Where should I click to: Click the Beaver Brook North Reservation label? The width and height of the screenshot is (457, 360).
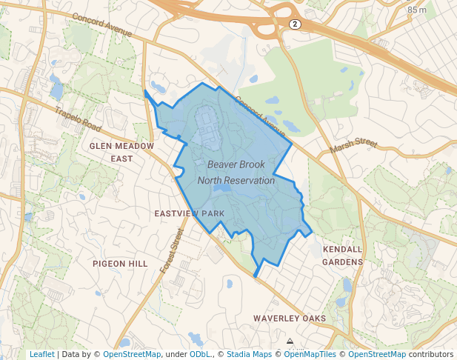[236, 172]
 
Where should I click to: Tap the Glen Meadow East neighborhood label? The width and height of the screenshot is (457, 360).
[121, 152]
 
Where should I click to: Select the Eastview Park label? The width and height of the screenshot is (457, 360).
[189, 213]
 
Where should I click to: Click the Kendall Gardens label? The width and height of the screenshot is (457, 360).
[342, 256]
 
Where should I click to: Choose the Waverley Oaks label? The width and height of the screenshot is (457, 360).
[289, 319]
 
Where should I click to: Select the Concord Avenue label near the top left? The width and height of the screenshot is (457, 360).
[103, 25]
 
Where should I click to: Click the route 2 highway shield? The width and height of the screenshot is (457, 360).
[295, 24]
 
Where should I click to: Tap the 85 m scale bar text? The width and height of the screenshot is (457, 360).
[417, 10]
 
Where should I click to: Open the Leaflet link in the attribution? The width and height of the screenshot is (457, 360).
[41, 354]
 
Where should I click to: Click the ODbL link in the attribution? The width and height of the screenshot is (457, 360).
[201, 354]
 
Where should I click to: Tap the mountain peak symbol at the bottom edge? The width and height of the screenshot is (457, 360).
[290, 342]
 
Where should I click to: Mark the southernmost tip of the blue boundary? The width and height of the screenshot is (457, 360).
[256, 278]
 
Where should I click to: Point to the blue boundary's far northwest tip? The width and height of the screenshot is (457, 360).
[144, 91]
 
